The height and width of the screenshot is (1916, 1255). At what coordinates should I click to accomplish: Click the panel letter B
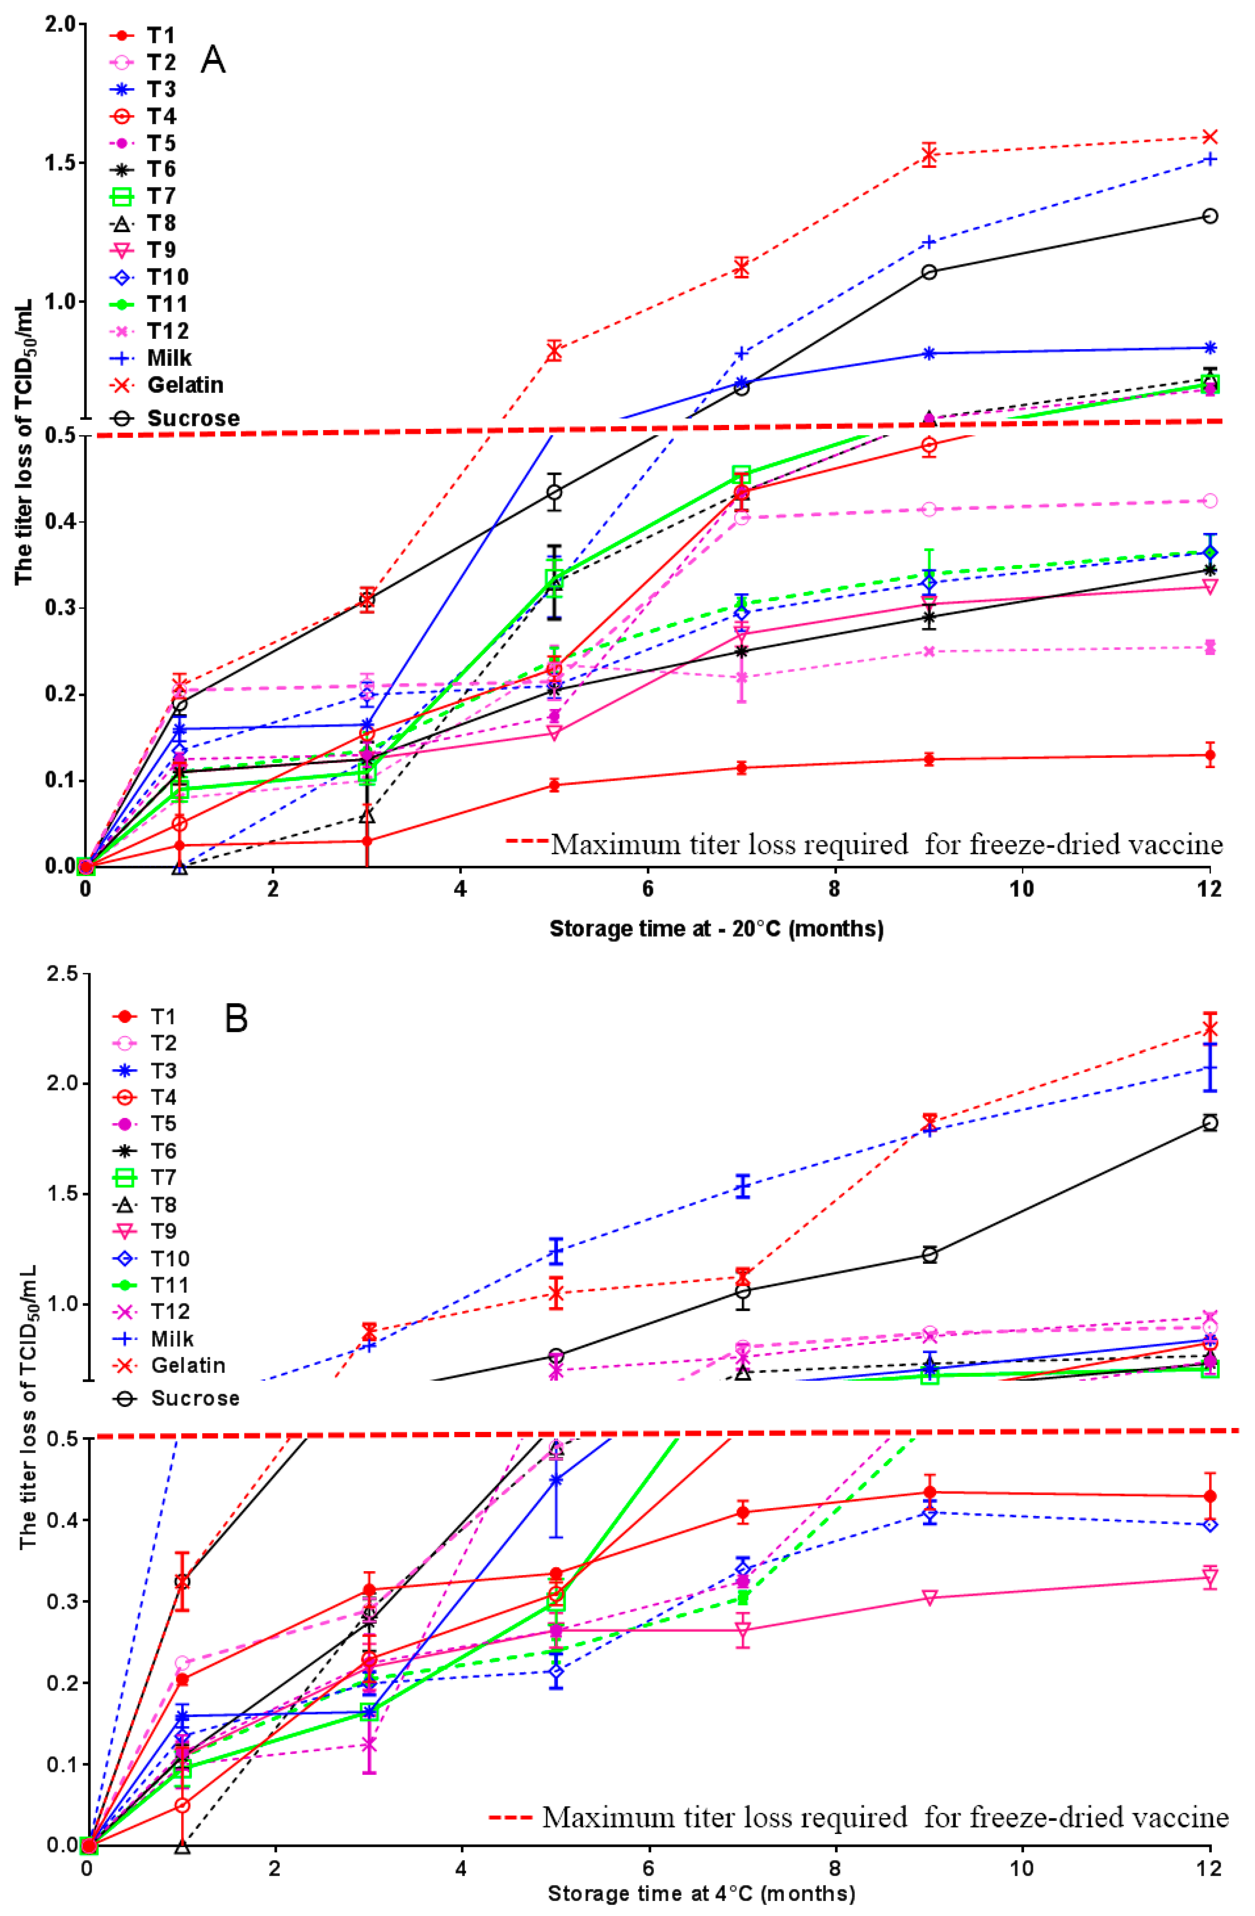(x=236, y=1019)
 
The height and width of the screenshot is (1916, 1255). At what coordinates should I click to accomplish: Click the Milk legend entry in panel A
(x=169, y=357)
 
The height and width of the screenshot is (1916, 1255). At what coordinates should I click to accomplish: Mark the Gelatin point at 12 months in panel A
(x=1209, y=136)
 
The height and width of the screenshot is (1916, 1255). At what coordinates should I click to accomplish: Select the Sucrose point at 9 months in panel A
(x=929, y=272)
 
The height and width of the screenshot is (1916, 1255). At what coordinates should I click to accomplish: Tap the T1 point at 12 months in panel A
(x=1209, y=755)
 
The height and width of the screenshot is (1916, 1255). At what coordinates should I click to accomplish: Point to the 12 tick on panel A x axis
(x=1209, y=889)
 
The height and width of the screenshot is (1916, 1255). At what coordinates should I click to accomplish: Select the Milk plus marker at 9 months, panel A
(x=929, y=242)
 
